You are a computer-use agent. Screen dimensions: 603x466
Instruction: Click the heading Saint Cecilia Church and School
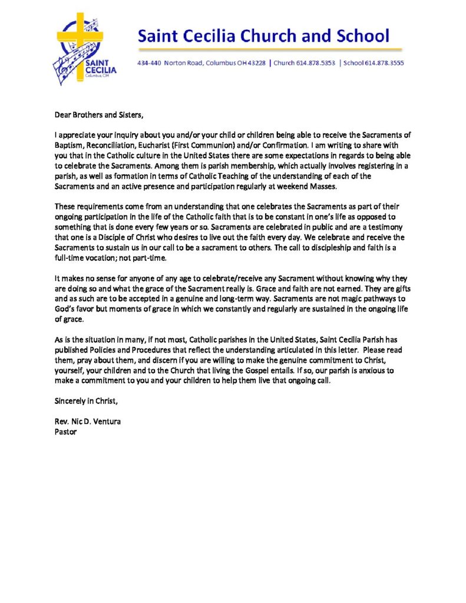263,37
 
